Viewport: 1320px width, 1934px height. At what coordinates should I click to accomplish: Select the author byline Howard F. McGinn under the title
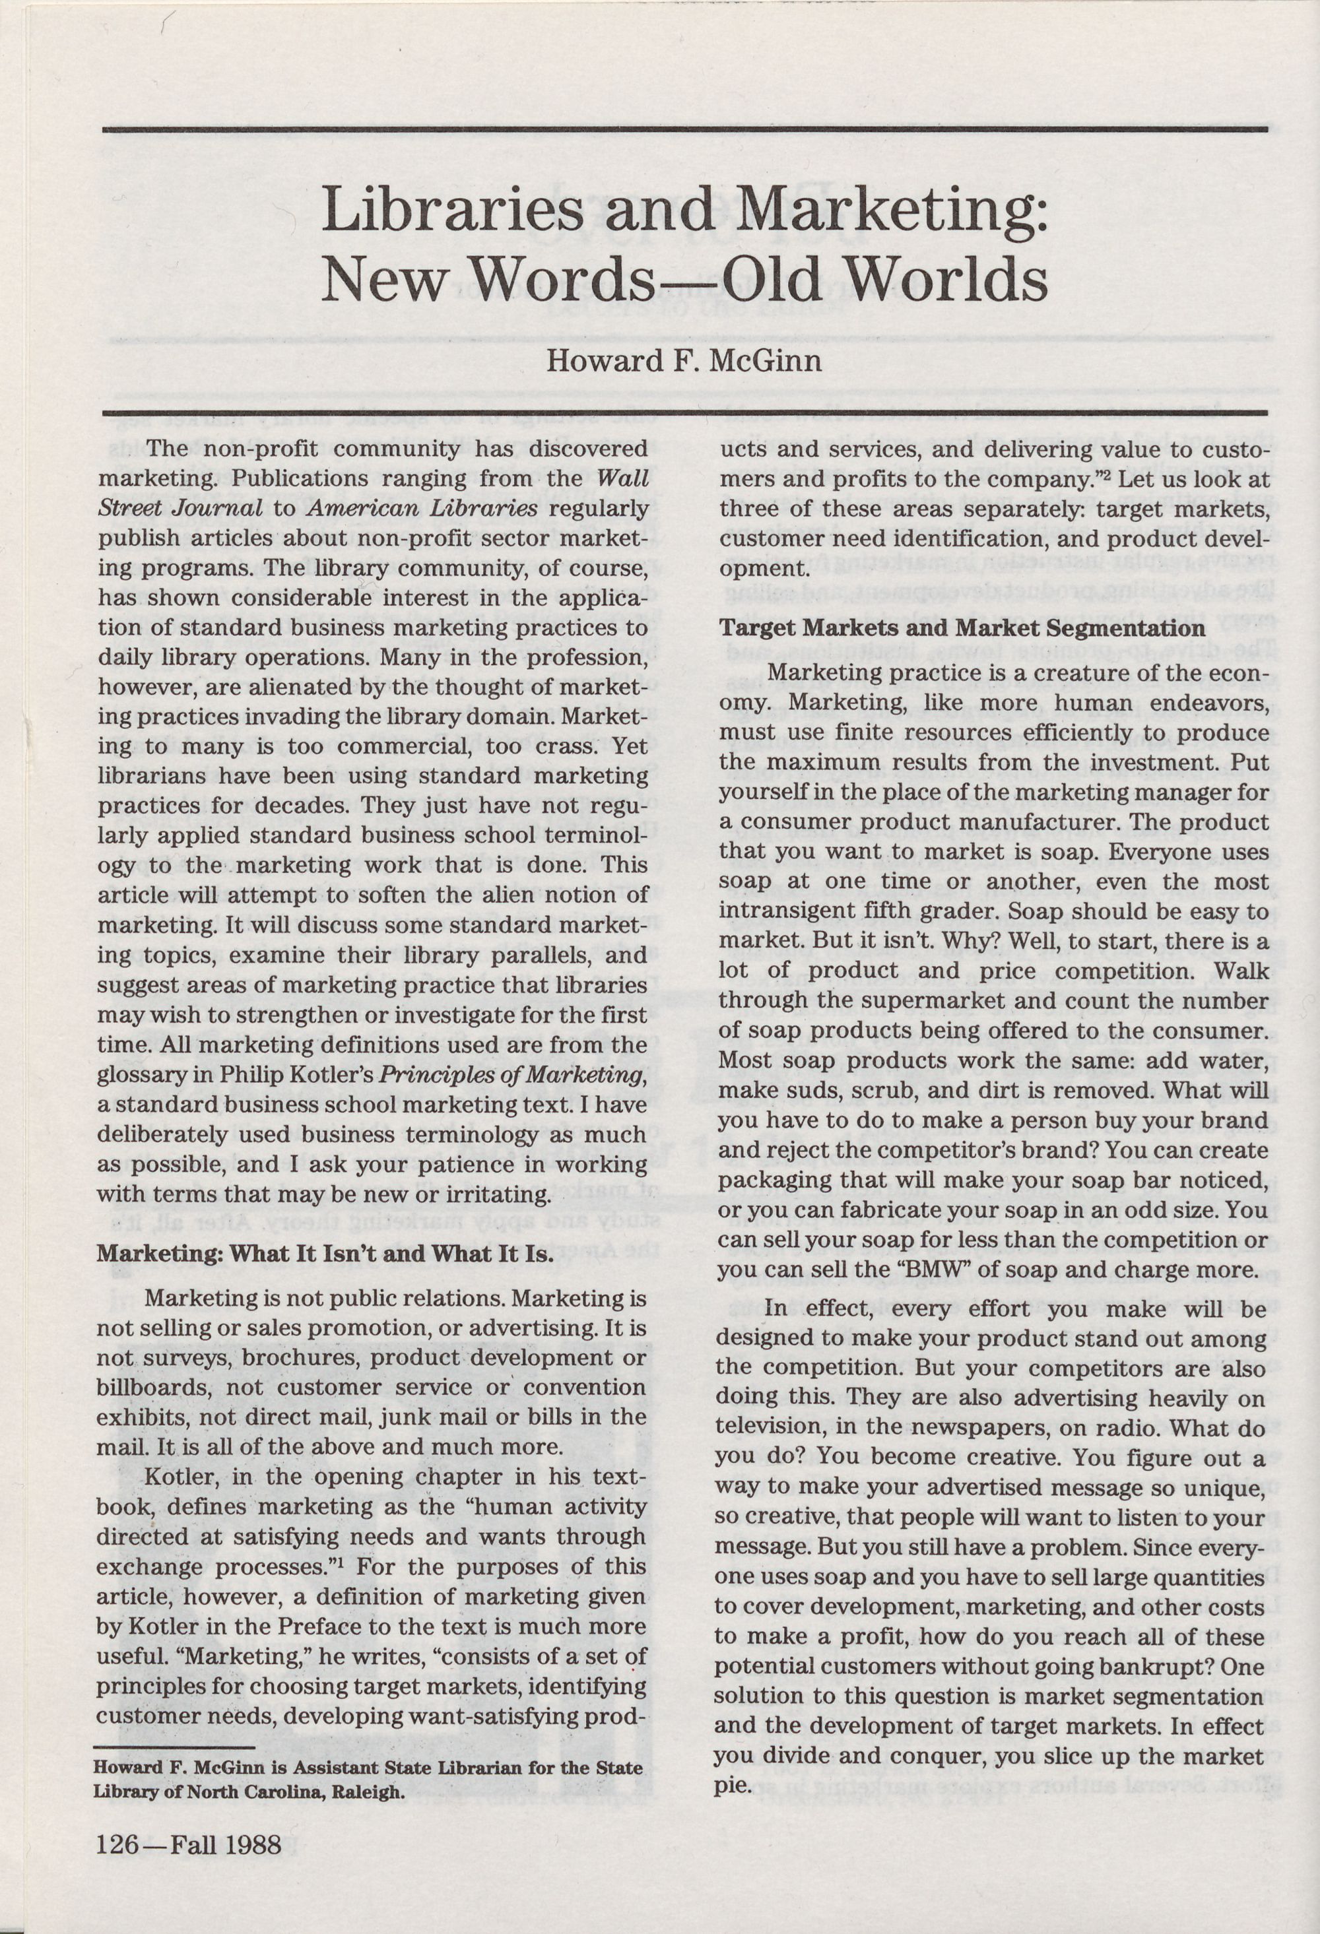pyautogui.click(x=684, y=361)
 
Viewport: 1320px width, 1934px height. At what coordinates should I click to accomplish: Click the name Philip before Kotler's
pyautogui.click(x=254, y=1075)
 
